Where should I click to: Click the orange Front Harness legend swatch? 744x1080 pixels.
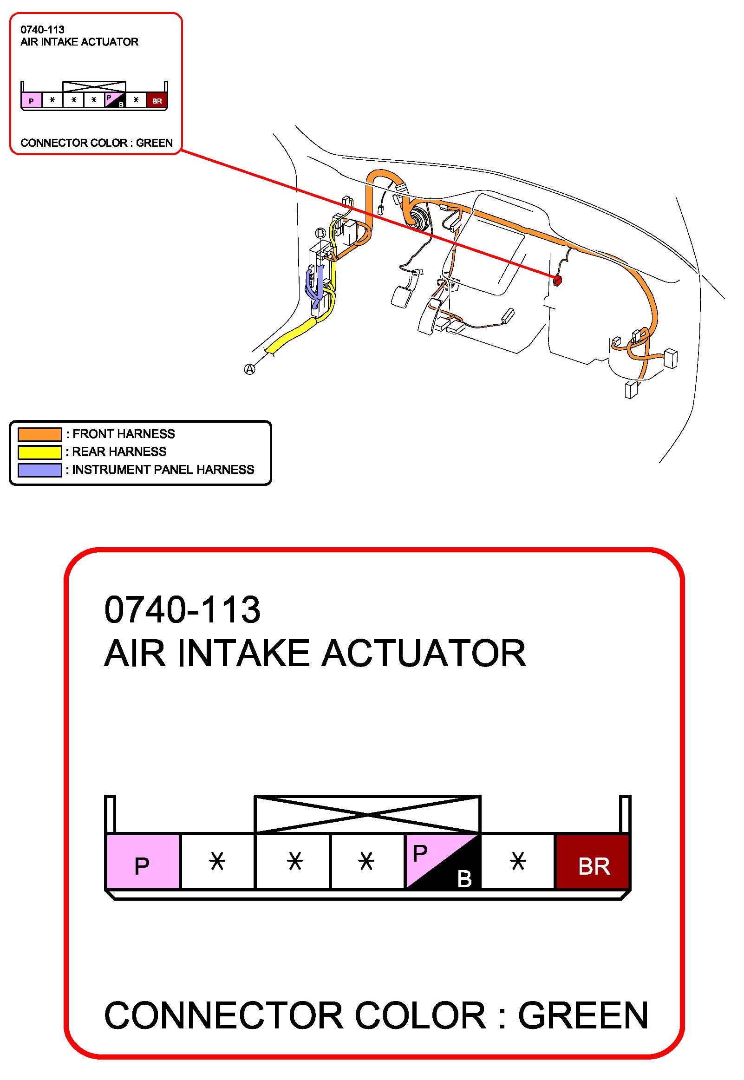tap(39, 434)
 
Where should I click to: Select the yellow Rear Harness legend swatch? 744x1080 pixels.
tap(39, 452)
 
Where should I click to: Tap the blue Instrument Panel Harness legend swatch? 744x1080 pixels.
tap(39, 470)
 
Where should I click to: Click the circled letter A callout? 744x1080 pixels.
tap(250, 369)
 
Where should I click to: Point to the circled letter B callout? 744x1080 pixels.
tap(320, 233)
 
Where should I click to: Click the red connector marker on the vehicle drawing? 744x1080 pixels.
tap(556, 280)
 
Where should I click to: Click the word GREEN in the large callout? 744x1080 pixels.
tap(583, 1016)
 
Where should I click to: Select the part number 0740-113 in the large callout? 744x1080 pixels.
tap(182, 609)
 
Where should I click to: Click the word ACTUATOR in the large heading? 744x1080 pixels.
tap(424, 654)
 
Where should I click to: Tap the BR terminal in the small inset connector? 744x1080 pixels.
tap(157, 100)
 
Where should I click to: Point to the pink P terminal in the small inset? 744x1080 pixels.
tap(31, 100)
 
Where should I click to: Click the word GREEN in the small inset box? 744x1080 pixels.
tap(154, 143)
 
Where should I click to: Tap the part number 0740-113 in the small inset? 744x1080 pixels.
tap(42, 30)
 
